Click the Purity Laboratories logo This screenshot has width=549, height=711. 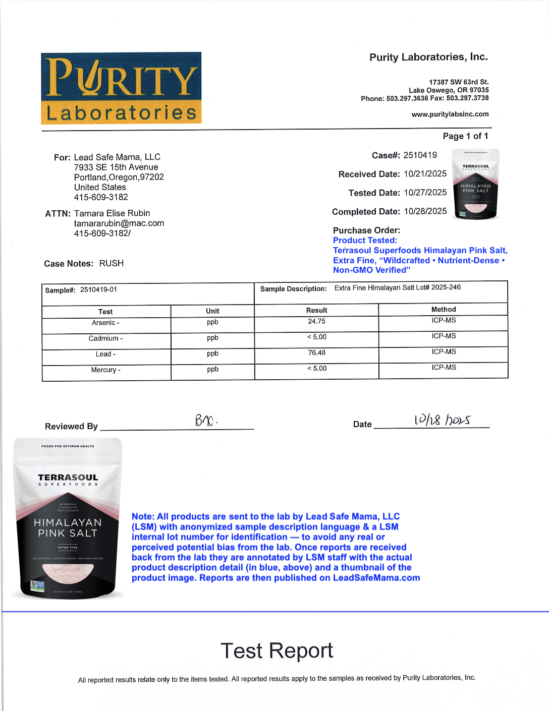[x=121, y=88]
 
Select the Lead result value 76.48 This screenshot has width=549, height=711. [x=316, y=353]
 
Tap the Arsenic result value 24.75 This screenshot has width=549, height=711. [x=316, y=321]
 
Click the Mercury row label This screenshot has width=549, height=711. [x=105, y=370]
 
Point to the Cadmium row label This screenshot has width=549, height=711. [x=105, y=338]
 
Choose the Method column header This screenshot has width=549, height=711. [x=443, y=310]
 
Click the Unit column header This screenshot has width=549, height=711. [x=212, y=311]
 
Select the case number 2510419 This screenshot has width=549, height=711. [x=420, y=155]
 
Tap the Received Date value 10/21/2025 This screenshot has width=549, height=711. [x=425, y=174]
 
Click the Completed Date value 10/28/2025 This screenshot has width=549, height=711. [x=425, y=211]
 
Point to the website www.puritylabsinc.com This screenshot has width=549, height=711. [x=450, y=114]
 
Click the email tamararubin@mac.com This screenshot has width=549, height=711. [x=119, y=223]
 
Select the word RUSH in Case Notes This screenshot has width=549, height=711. [x=111, y=263]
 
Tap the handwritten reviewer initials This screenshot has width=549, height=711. [x=205, y=420]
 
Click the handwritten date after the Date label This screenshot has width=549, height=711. [x=442, y=420]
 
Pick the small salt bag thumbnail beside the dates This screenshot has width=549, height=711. [x=475, y=184]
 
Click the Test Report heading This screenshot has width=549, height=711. [x=277, y=651]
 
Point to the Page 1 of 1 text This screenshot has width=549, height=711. [x=465, y=136]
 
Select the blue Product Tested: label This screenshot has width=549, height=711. [x=365, y=241]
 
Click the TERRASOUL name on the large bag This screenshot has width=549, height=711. [x=68, y=478]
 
